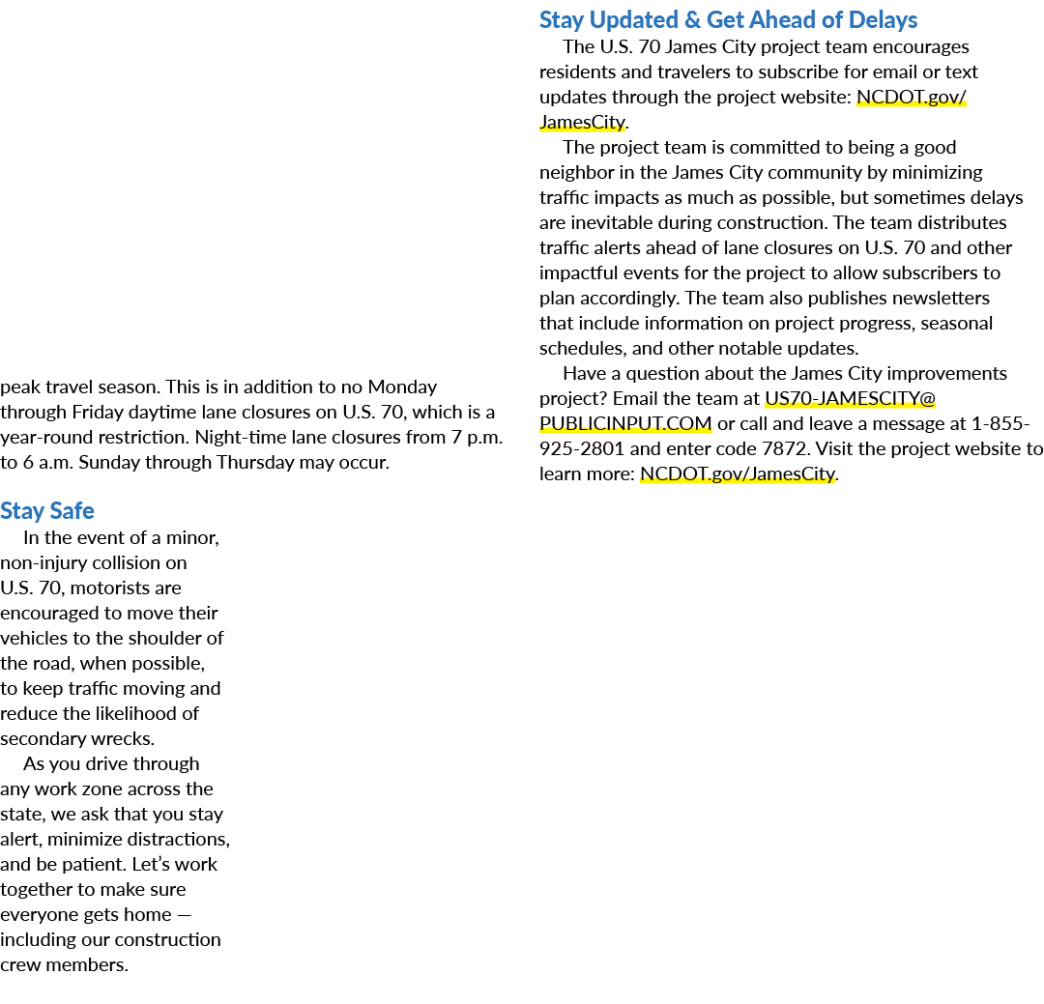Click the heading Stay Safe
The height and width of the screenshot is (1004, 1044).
point(47,510)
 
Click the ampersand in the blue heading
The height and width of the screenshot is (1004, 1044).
point(692,20)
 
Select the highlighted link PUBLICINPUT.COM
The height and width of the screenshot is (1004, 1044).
point(625,423)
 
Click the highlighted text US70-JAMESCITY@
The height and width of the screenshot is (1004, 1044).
point(851,398)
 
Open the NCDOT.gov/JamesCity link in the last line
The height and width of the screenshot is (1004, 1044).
point(737,473)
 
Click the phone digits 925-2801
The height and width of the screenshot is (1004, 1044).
point(582,448)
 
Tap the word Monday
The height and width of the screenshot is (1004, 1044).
point(402,387)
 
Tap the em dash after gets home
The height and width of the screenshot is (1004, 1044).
point(185,915)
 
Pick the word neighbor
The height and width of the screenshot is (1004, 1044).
point(576,172)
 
